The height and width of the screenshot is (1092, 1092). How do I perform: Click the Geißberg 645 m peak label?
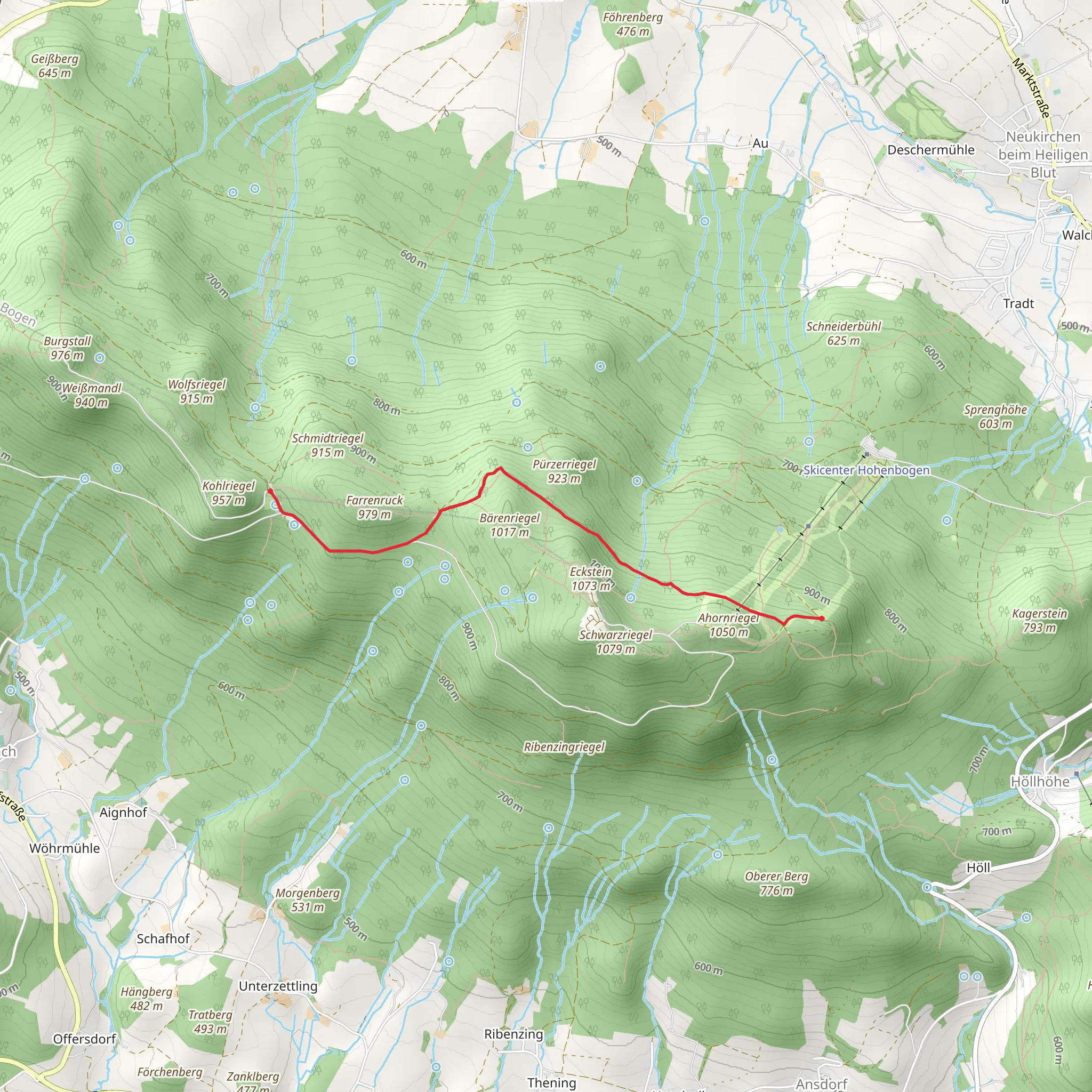pos(55,66)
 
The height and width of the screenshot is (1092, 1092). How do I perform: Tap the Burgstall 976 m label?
pos(67,348)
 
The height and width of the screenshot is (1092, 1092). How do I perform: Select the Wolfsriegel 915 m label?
pos(197,391)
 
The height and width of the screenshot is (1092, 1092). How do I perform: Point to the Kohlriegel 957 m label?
pos(228,493)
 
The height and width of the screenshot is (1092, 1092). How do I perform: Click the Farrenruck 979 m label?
pos(374,507)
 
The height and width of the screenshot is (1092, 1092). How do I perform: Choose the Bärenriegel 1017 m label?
pos(509,525)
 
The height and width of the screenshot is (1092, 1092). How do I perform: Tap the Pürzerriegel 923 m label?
pos(564,471)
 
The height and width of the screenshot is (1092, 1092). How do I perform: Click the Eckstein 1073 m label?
pos(591,578)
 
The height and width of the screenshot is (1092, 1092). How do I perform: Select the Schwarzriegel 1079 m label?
pos(615,641)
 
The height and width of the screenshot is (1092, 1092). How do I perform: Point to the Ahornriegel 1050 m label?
pos(728,624)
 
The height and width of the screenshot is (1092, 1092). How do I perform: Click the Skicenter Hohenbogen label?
pos(866,470)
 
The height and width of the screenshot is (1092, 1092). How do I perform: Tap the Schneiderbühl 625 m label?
pos(844,333)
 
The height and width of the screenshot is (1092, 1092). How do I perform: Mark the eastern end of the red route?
pos(821,619)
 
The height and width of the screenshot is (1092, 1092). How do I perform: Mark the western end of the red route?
pos(270,491)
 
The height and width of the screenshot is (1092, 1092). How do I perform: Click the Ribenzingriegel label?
pos(564,746)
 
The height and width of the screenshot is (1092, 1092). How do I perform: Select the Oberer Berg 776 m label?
pos(776,883)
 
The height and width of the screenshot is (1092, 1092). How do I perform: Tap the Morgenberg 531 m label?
pos(308,900)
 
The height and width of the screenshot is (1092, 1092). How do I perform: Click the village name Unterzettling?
pos(278,986)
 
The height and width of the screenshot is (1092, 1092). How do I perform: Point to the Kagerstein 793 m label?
pos(1039,620)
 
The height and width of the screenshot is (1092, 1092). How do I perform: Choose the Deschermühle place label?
pos(931,150)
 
